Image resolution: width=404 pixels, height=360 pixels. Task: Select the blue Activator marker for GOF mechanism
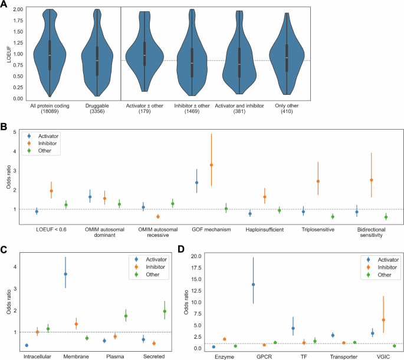pyautogui.click(x=196, y=183)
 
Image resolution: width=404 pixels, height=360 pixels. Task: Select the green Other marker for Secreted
pyautogui.click(x=165, y=311)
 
